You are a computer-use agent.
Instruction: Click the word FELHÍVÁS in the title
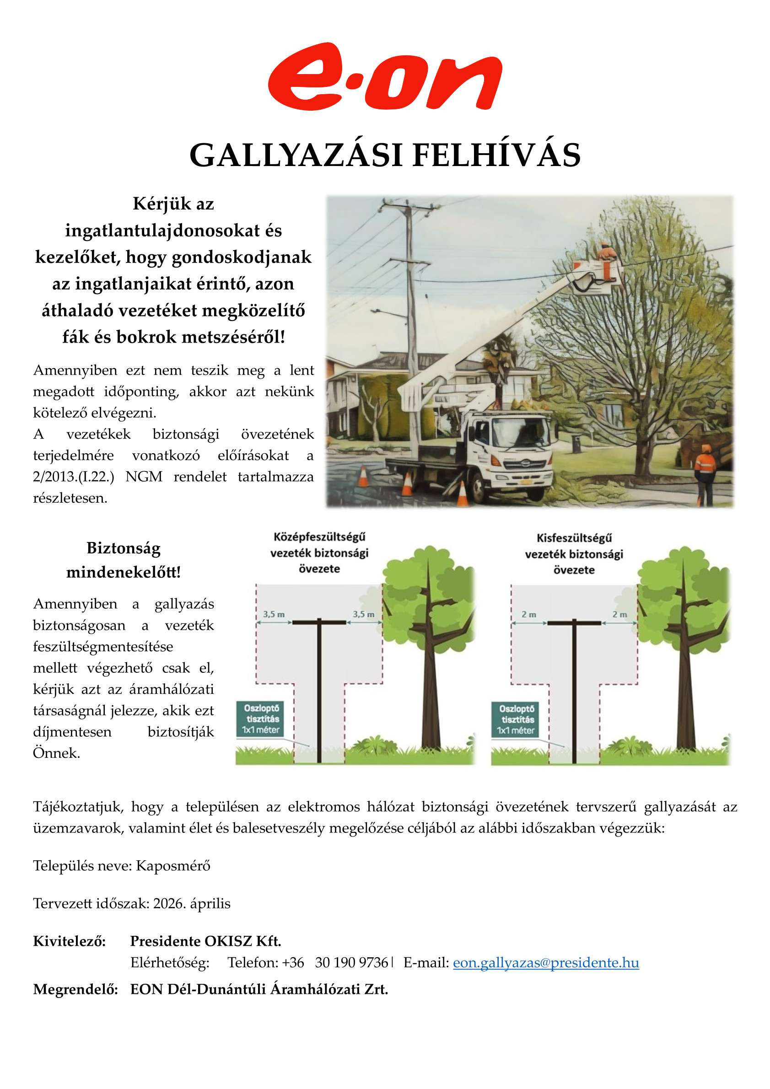[496, 155]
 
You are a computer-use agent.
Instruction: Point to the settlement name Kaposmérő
[173, 866]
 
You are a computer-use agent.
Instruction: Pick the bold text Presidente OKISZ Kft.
[205, 940]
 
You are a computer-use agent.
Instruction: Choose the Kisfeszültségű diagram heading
[574, 553]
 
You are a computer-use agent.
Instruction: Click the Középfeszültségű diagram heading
[319, 553]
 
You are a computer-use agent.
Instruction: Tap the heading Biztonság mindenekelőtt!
[124, 560]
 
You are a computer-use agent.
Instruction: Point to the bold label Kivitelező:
[69, 940]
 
